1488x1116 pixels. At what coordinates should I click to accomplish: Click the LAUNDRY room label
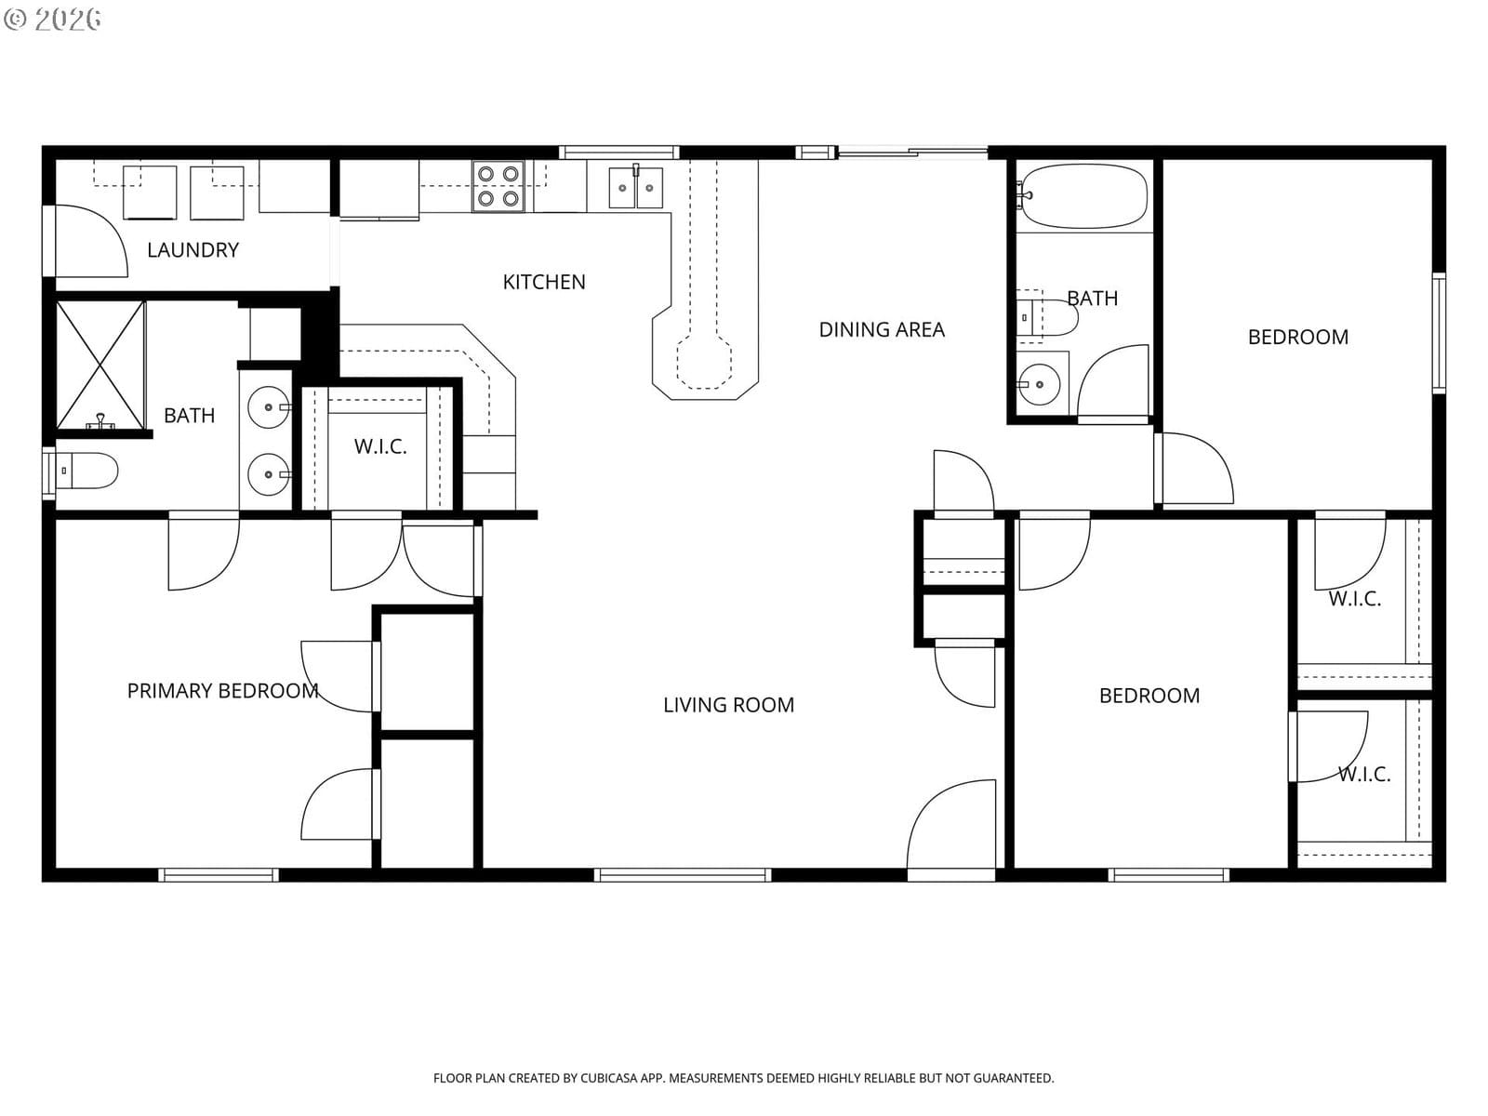(x=193, y=250)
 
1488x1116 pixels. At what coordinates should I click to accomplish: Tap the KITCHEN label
(x=544, y=282)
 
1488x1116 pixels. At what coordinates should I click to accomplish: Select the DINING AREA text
(x=882, y=329)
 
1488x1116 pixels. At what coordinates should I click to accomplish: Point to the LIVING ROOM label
(x=728, y=705)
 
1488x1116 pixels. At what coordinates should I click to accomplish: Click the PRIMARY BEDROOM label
(x=222, y=690)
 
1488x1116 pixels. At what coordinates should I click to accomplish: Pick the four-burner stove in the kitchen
(x=498, y=186)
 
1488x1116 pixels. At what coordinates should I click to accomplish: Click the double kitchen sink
(x=636, y=187)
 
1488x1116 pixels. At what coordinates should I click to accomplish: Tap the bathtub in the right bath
(x=1083, y=196)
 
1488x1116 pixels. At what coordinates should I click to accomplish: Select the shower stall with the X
(x=100, y=365)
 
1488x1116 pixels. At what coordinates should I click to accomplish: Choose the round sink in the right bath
(x=1039, y=384)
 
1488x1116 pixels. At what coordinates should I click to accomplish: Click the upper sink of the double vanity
(x=269, y=407)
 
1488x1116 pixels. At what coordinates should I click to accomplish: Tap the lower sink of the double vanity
(x=269, y=474)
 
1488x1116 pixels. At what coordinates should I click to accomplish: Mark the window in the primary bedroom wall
(x=219, y=875)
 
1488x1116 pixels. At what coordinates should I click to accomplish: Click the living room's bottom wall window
(x=683, y=875)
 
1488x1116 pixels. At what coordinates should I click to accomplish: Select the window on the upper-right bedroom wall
(x=1439, y=333)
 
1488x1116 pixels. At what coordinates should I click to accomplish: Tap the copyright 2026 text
(x=52, y=19)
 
